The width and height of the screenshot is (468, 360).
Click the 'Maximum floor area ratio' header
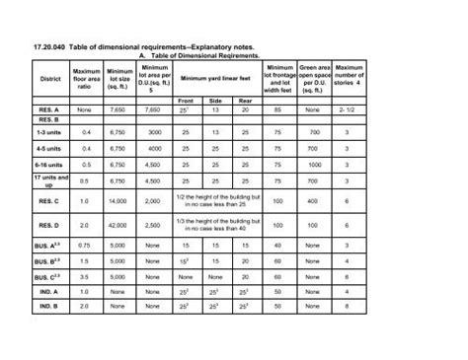point(87,78)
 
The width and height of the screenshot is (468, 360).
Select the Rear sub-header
point(244,101)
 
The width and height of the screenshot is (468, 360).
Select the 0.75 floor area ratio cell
point(87,246)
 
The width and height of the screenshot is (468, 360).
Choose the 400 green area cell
point(314,201)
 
